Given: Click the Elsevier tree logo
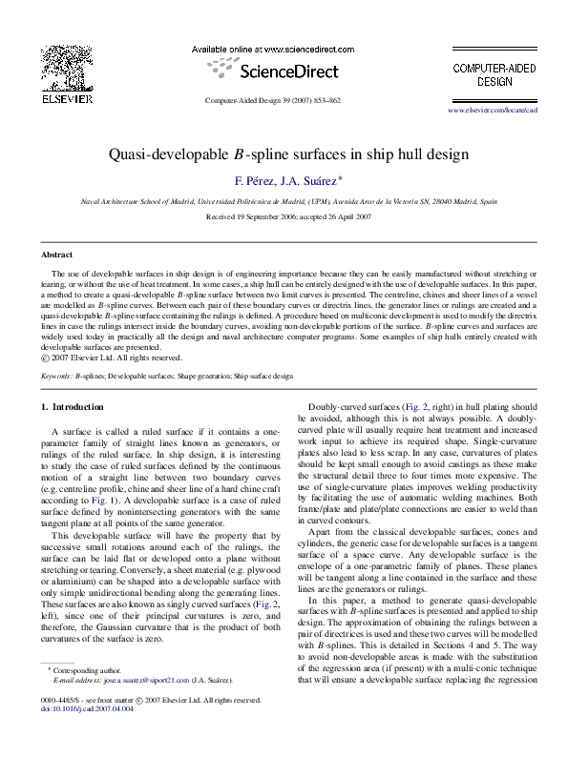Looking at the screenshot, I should [x=66, y=67].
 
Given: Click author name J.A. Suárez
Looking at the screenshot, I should [x=312, y=179].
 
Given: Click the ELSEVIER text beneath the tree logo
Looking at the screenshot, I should [x=66, y=97].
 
